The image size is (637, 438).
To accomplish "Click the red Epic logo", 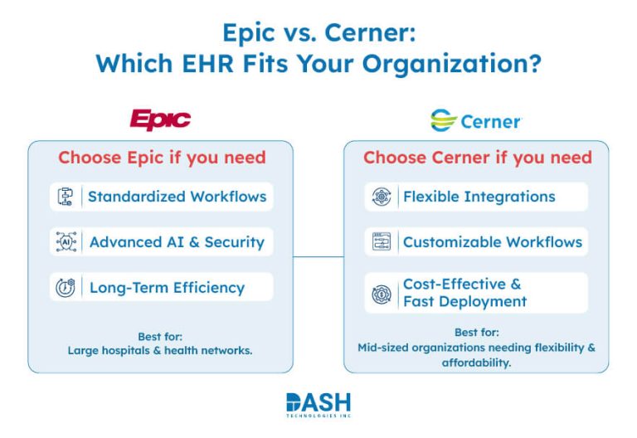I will [x=160, y=119].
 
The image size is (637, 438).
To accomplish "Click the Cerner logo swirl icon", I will [x=444, y=121].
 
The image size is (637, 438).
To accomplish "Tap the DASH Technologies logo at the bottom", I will [x=318, y=405].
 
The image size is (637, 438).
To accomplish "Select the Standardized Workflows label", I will [x=177, y=197].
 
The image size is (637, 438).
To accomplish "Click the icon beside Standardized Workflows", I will [x=66, y=197].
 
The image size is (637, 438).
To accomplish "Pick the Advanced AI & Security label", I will [x=177, y=242].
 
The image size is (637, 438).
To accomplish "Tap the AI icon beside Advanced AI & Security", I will [x=66, y=242].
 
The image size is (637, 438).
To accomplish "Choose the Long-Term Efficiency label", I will [x=167, y=288].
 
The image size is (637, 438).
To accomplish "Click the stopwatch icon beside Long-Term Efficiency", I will [x=66, y=288].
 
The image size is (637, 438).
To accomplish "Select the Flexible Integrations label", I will [x=479, y=197].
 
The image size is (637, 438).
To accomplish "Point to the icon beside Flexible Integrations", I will [x=381, y=197].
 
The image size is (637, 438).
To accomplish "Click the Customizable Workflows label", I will [x=492, y=242].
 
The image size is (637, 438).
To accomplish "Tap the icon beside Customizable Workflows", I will [x=381, y=242].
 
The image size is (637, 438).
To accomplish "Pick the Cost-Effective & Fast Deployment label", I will [x=464, y=293].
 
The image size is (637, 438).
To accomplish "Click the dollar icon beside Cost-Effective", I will [x=381, y=293].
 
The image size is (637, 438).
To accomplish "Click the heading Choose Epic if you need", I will [x=162, y=158].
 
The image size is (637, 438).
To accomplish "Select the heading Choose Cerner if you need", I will [x=477, y=158].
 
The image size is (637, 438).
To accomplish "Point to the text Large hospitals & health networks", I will [x=160, y=350].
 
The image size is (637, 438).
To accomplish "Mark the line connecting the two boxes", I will [x=318, y=256].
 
